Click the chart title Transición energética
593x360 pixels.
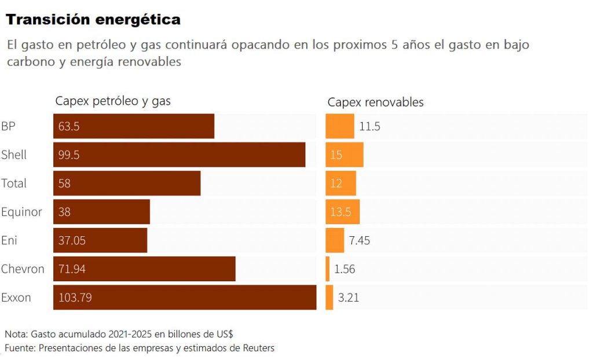93,20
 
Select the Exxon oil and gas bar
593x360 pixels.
185,297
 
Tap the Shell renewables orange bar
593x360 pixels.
345,155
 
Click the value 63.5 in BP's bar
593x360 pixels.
69,126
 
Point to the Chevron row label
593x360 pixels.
23,269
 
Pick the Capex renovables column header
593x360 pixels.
375,102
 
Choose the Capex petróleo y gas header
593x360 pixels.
113,101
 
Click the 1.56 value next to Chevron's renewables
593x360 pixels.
345,269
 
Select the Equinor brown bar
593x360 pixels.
101,212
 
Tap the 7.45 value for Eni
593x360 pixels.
359,240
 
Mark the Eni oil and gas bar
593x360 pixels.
100,240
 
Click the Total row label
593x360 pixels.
14,183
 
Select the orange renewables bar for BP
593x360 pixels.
339,126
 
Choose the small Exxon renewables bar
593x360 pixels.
329,297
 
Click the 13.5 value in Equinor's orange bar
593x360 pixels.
341,212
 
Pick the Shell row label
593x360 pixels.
14,155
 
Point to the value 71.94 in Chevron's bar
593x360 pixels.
72,269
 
